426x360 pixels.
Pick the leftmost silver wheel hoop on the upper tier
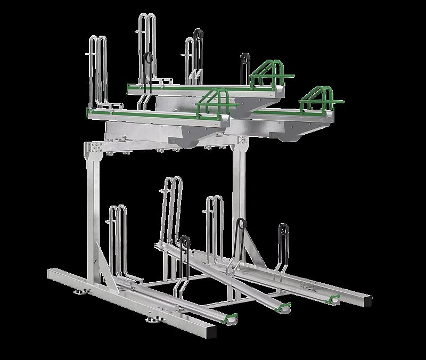96,69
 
